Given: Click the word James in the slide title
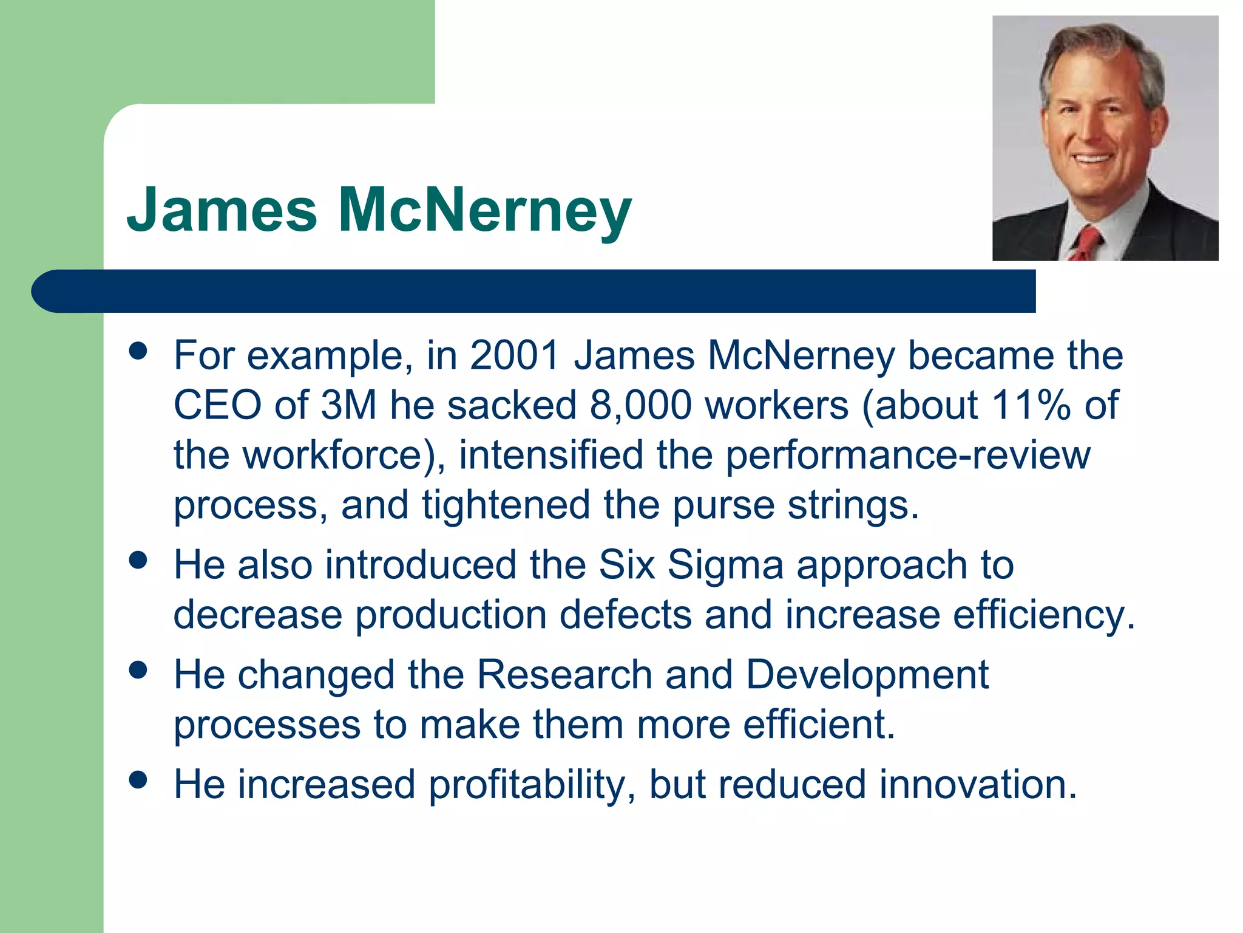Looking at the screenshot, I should pyautogui.click(x=222, y=210).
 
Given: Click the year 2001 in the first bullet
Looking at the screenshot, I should pyautogui.click(x=514, y=355).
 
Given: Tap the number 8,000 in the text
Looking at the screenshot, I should pyautogui.click(x=640, y=405).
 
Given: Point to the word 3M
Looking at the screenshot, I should pyautogui.click(x=348, y=405).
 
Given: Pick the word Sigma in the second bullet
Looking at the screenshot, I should pyautogui.click(x=725, y=565).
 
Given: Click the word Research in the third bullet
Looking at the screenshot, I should pyautogui.click(x=564, y=675).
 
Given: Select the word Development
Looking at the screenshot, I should pyautogui.click(x=867, y=675).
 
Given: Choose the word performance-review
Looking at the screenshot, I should pyautogui.click(x=908, y=456).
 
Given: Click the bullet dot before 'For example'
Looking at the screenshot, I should pyautogui.click(x=138, y=351).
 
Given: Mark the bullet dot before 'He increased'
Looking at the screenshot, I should pyautogui.click(x=138, y=780).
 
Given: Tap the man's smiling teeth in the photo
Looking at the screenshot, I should pyautogui.click(x=1093, y=159).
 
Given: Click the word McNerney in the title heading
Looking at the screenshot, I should pyautogui.click(x=485, y=210).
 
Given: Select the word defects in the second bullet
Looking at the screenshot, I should pyautogui.click(x=625, y=615).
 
